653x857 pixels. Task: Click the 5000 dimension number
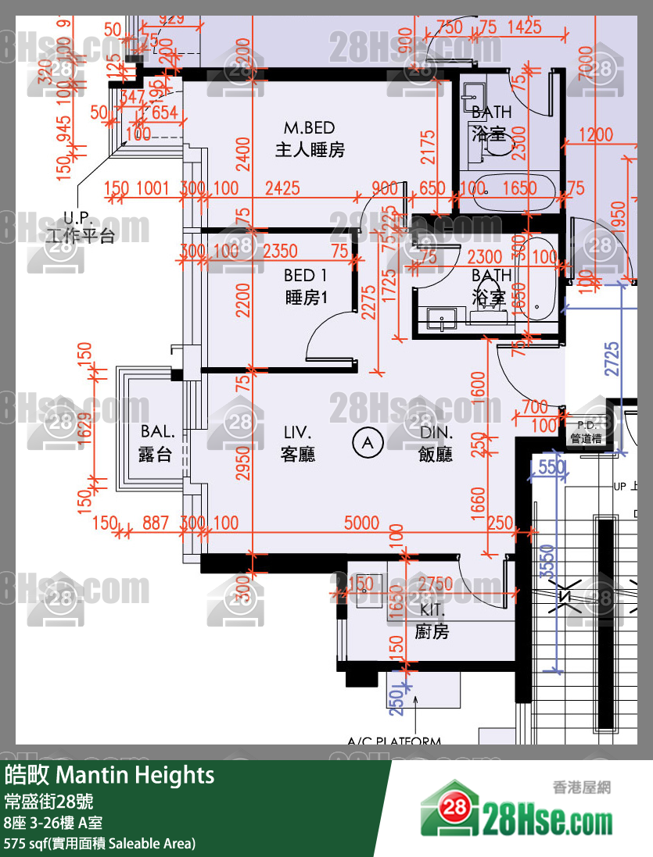[x=361, y=523]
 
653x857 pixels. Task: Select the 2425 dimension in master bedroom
[x=282, y=187]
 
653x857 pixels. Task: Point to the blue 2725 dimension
[x=613, y=358]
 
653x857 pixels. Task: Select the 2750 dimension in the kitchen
[x=435, y=584]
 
